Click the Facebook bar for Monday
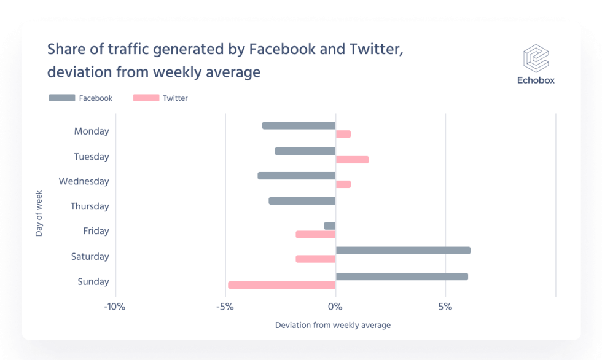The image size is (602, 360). pos(299,125)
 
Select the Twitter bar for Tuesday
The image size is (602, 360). pos(352,160)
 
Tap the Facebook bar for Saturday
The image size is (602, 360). pos(403,251)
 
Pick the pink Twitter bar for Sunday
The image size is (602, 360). pos(282,285)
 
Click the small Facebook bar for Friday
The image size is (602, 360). pos(330,226)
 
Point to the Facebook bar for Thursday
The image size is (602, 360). pos(302,201)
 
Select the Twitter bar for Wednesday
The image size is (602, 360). pos(343,184)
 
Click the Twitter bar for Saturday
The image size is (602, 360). pos(316,259)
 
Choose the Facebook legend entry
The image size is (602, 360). pos(80,98)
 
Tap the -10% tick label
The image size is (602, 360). pos(115,307)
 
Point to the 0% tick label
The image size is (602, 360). pos(335,307)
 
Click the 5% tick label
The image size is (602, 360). pos(445,307)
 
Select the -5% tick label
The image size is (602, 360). pos(225,307)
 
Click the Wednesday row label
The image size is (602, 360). pos(84,182)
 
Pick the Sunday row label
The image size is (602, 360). pos(93,282)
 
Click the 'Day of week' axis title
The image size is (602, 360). pos(39,213)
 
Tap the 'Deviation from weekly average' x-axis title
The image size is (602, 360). pos(333,325)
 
